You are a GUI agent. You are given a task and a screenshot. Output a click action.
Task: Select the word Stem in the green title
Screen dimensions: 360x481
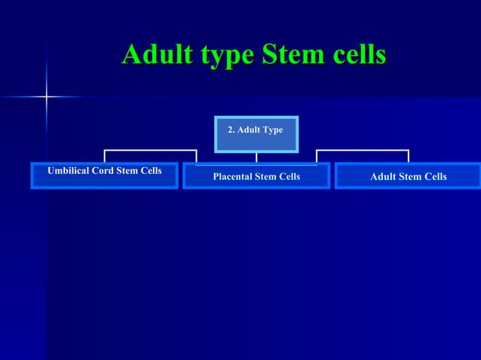point(295,55)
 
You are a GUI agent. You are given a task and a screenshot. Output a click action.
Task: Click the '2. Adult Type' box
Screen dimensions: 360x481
point(256,134)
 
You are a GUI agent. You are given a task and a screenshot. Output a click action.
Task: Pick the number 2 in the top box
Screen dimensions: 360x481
point(231,130)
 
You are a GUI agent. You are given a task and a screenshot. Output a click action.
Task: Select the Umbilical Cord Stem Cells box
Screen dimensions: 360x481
point(104,175)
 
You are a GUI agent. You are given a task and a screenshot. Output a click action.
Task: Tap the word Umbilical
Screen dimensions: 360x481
point(69,171)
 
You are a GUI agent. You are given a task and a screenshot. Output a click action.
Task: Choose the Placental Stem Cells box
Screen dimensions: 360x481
point(256,176)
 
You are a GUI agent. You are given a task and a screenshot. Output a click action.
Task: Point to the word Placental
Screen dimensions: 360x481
point(234,177)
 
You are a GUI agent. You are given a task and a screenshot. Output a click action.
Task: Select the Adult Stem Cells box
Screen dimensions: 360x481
point(408,176)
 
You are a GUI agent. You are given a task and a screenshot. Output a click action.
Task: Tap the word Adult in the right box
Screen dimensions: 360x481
point(383,177)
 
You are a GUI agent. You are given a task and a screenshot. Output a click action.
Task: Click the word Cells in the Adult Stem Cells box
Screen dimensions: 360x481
point(435,177)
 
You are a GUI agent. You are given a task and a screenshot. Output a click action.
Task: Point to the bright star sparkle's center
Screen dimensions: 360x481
point(47,96)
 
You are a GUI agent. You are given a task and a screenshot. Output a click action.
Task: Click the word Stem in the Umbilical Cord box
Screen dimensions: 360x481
point(128,171)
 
